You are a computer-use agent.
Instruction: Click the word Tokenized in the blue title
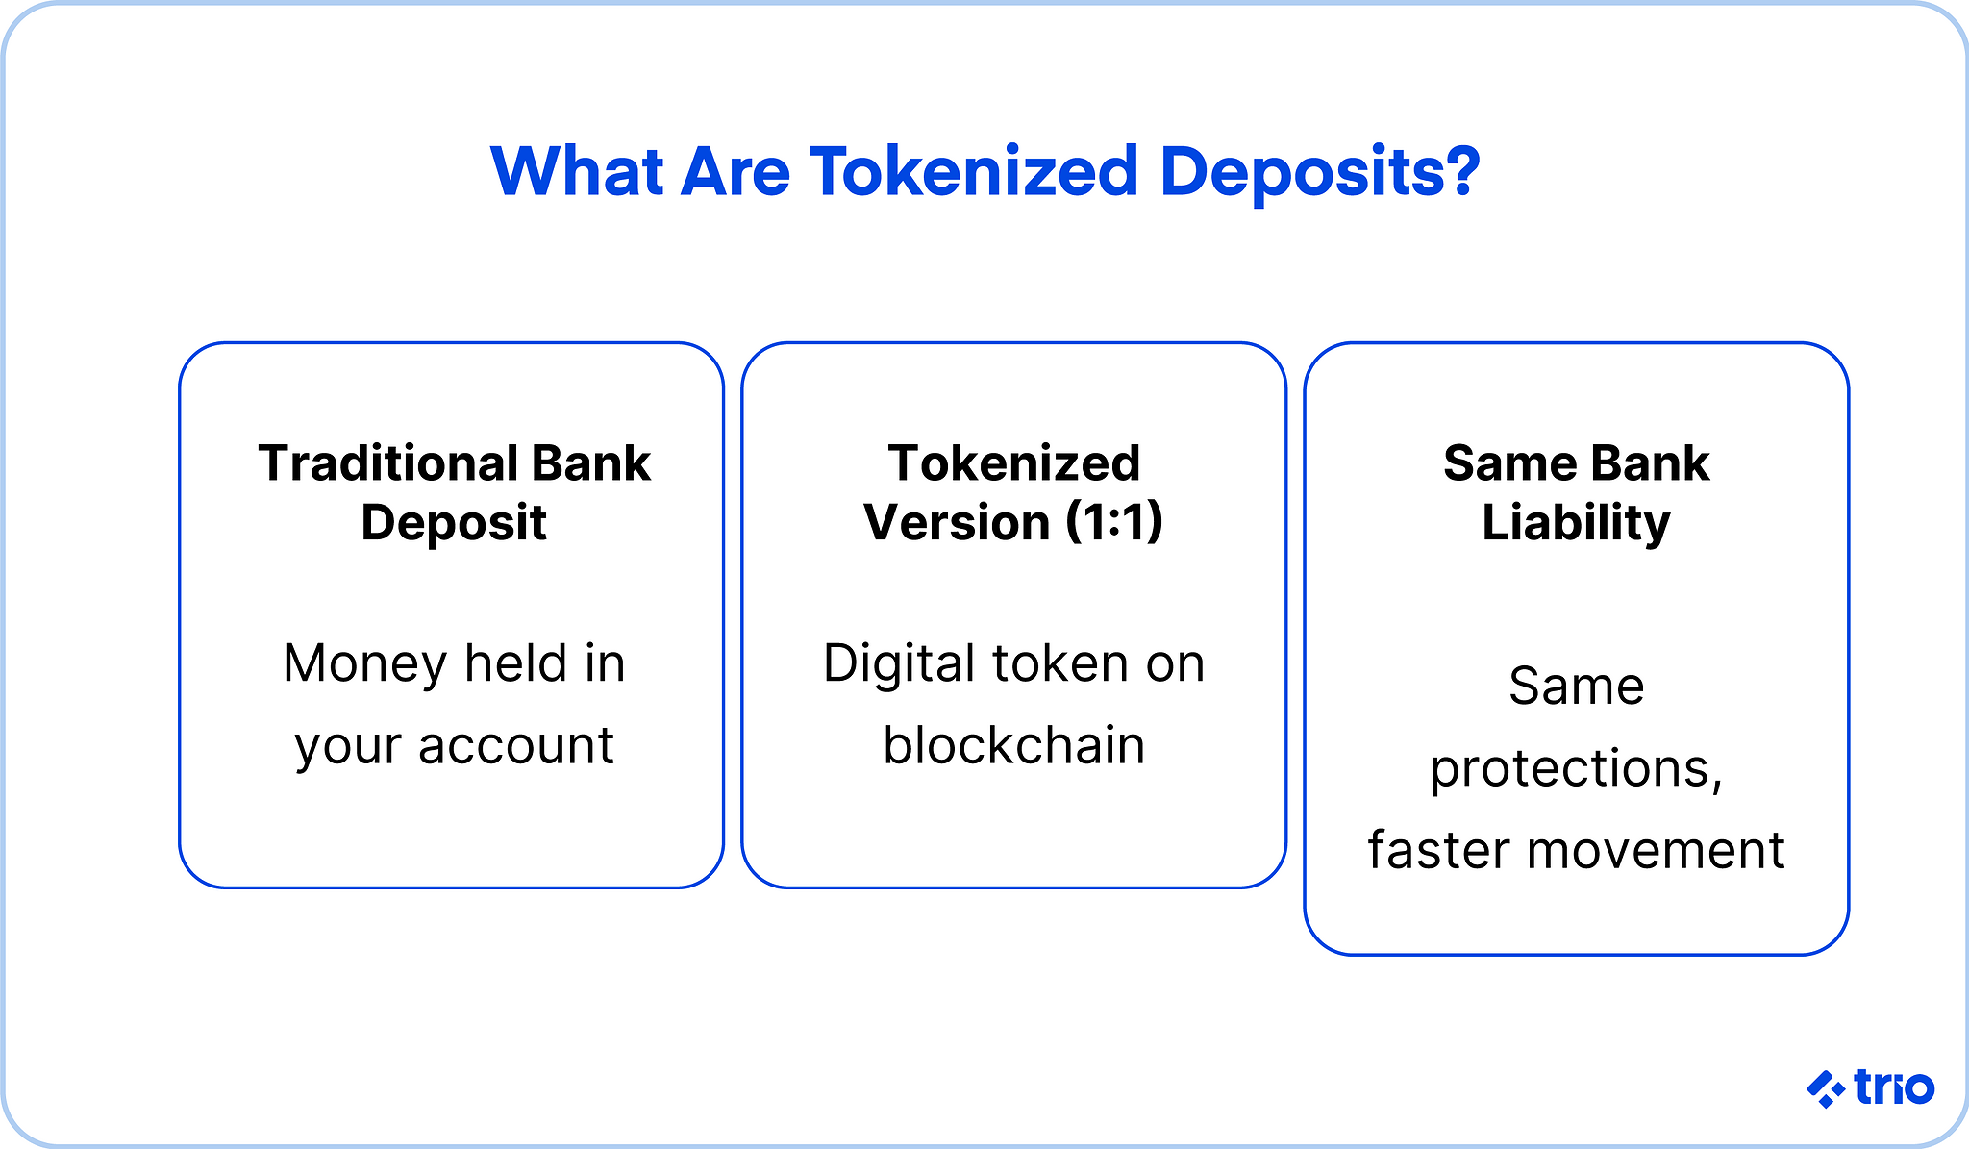click(973, 173)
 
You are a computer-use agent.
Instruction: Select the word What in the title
click(576, 173)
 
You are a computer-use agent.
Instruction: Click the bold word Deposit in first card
click(453, 524)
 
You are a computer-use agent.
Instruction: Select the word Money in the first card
click(365, 663)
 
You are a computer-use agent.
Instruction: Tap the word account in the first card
click(515, 745)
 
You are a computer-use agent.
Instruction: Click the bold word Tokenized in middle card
click(1013, 463)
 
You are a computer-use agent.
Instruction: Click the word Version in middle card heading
click(957, 522)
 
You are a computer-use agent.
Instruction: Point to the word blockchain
click(1013, 745)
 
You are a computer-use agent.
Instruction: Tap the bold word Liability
click(1576, 524)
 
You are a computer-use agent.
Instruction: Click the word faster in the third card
click(1438, 850)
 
